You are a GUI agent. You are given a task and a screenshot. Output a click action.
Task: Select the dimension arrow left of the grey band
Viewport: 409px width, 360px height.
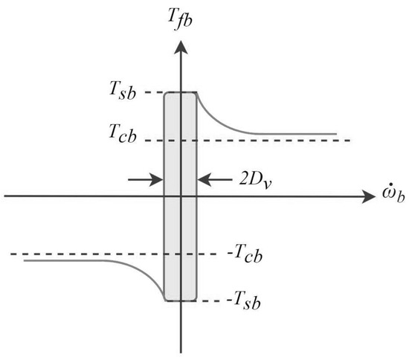[145, 179]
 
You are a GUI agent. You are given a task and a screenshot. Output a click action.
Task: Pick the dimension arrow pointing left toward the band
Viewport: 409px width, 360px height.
[214, 179]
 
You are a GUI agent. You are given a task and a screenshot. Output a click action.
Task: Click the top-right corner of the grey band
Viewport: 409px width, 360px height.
[196, 93]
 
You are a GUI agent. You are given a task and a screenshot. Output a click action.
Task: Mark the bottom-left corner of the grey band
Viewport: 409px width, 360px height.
[164, 301]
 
